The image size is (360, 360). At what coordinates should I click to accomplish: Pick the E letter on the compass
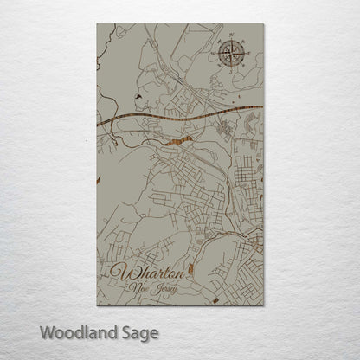coord(249,54)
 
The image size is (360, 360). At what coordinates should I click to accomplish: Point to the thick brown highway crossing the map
coord(173,115)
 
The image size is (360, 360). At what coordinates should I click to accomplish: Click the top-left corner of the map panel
coord(97,24)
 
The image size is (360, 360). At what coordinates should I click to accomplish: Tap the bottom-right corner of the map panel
coord(264,305)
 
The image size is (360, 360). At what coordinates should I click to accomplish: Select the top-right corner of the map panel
coord(264,24)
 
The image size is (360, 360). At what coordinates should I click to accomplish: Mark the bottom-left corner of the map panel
coord(97,305)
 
